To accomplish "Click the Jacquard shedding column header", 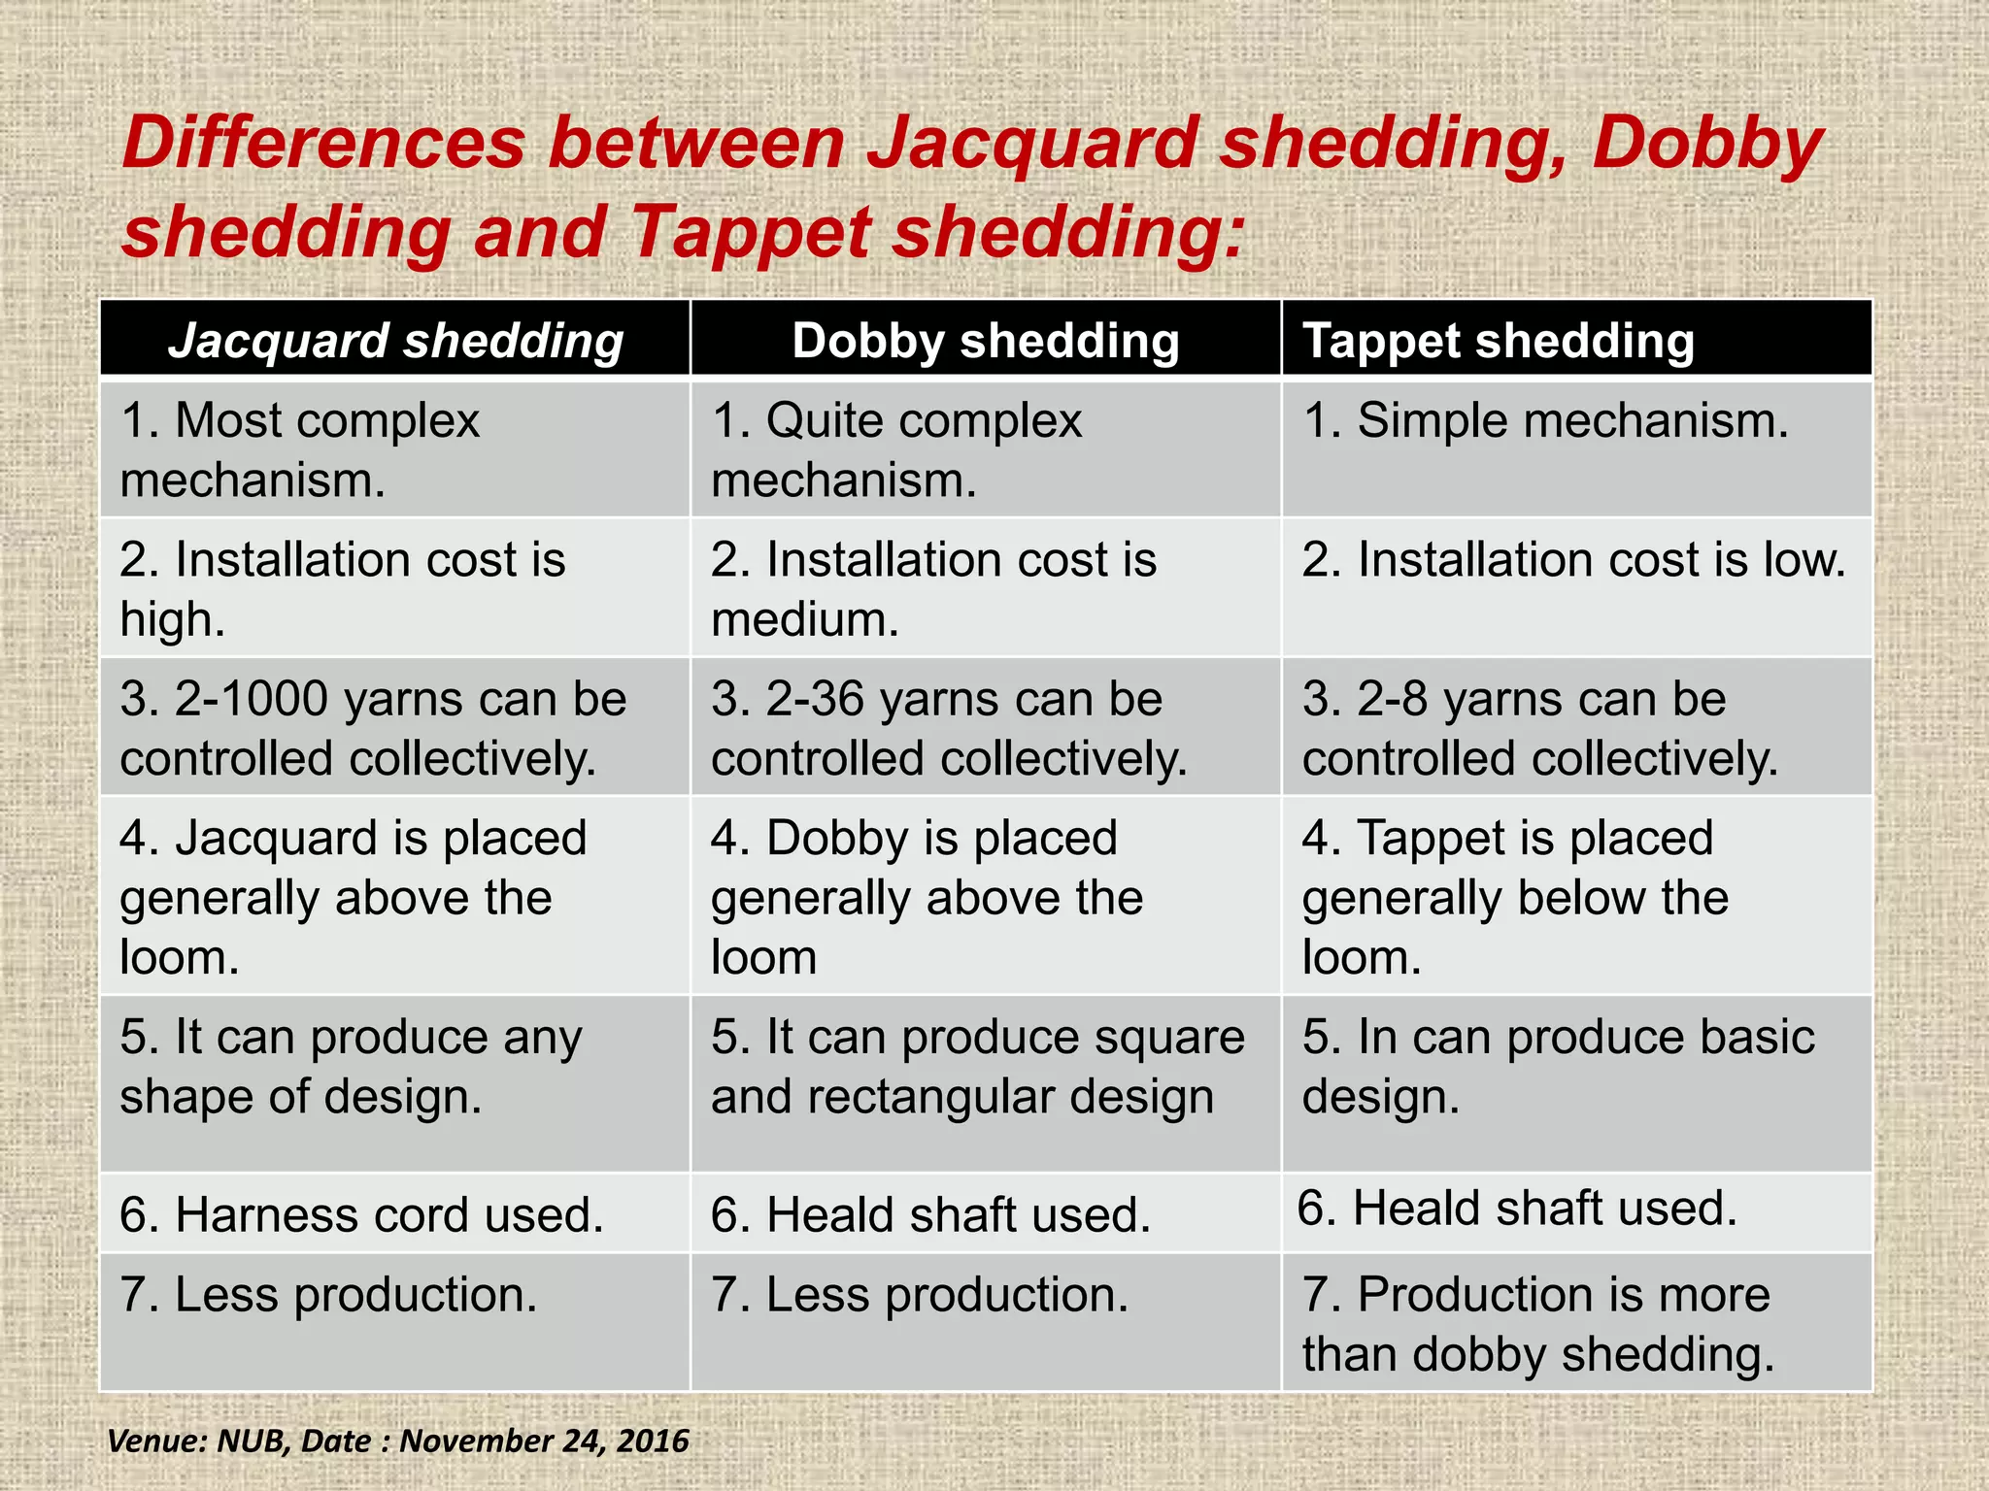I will (395, 342).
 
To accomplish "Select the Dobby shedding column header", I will (985, 342).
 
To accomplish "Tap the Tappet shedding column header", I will (1498, 342).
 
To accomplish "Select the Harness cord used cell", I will (361, 1215).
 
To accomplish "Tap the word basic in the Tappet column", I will (1757, 1037).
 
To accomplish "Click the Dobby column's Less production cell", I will (919, 1295).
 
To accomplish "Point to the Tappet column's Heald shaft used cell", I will (1517, 1209).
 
